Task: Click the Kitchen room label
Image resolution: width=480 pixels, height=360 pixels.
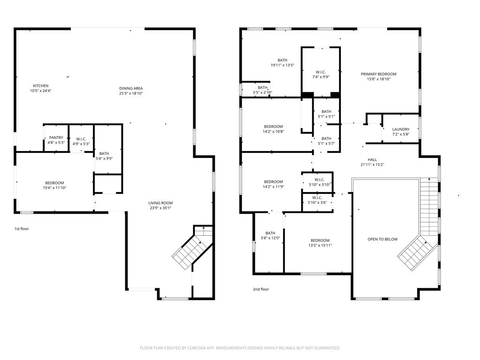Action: click(41, 86)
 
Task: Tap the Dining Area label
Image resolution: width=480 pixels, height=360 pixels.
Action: click(131, 89)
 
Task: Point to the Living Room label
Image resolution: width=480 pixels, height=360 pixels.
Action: click(160, 203)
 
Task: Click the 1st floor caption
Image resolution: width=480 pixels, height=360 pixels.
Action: click(22, 229)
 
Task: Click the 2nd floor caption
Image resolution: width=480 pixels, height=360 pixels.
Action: click(261, 289)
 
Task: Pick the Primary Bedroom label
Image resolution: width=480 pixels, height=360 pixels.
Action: click(379, 74)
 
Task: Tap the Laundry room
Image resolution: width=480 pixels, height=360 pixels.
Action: click(401, 132)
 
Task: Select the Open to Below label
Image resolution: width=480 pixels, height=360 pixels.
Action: click(382, 239)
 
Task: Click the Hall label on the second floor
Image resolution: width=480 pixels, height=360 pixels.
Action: click(372, 159)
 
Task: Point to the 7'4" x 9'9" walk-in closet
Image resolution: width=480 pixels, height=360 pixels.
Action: click(321, 75)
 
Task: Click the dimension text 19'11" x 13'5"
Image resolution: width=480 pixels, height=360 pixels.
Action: click(283, 65)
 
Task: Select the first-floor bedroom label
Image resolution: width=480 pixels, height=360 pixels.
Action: click(54, 183)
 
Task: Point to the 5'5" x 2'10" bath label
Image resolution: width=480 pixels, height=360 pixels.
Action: click(262, 90)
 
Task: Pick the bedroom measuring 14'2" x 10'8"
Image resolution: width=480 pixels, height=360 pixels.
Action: click(273, 129)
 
